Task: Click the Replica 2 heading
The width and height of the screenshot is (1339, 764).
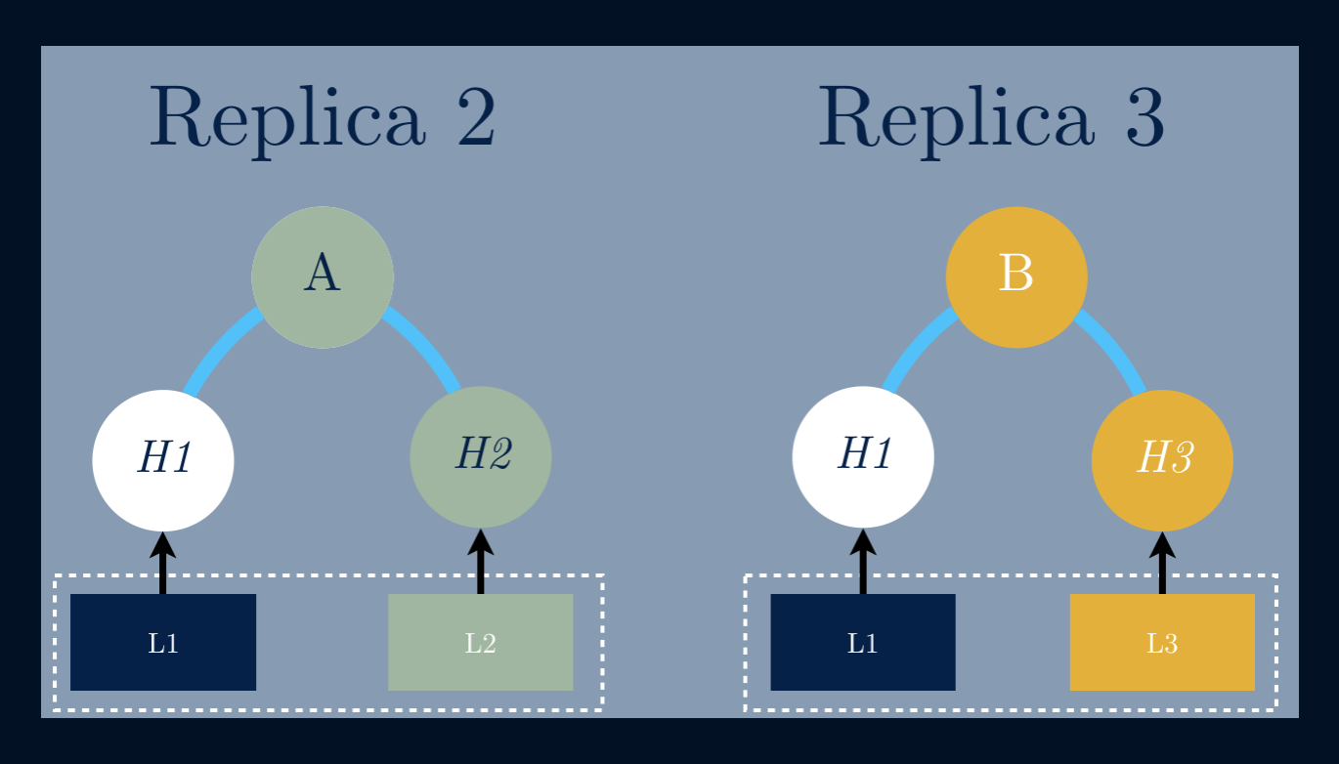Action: click(x=323, y=117)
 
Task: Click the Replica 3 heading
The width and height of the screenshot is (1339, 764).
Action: click(x=991, y=117)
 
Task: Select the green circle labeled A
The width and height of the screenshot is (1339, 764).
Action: click(x=323, y=276)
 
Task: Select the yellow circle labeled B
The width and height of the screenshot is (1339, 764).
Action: click(x=1016, y=276)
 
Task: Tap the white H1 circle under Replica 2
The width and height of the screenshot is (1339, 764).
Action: click(x=163, y=459)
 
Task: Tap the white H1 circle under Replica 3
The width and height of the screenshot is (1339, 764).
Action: click(x=863, y=456)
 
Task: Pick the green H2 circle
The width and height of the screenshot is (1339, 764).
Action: click(x=481, y=456)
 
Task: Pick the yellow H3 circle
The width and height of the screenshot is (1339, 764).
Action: click(x=1162, y=459)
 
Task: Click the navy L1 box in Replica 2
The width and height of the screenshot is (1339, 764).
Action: click(x=163, y=642)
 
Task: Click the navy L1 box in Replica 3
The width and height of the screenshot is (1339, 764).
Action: click(x=863, y=642)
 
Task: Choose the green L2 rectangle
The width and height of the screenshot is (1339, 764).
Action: click(x=481, y=642)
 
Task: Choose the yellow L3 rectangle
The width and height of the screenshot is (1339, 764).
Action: click(x=1162, y=642)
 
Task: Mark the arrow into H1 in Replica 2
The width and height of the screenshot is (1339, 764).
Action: click(x=163, y=564)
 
